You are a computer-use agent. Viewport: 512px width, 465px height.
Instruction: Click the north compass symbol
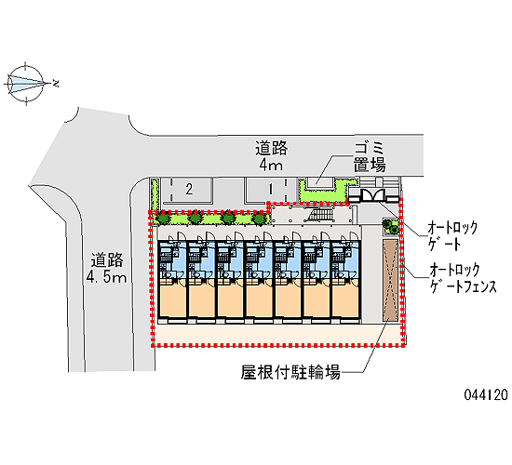tap(26, 84)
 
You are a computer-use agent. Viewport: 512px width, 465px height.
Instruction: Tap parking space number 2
tap(189, 190)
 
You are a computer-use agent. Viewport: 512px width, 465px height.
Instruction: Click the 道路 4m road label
tap(271, 156)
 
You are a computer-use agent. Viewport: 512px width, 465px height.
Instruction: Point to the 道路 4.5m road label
tap(106, 268)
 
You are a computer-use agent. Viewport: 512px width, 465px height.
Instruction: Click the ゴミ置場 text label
tap(370, 157)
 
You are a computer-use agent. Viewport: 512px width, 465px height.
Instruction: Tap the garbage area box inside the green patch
tap(319, 183)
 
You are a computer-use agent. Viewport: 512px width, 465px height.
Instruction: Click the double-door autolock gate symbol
tap(373, 195)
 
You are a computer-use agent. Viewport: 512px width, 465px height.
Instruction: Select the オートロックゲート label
tap(452, 235)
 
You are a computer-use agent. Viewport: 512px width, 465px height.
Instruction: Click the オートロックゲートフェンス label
tap(463, 278)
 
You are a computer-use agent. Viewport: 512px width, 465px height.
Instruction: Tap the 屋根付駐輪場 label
tap(291, 372)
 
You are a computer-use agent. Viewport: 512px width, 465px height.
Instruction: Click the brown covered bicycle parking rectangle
tap(391, 280)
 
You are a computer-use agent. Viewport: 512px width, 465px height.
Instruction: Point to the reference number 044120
tap(486, 395)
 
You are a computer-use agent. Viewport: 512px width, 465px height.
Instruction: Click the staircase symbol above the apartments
tap(322, 216)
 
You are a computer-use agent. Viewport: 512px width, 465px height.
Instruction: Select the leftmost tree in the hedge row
tap(163, 218)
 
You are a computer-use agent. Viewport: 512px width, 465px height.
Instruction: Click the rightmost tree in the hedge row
tap(260, 218)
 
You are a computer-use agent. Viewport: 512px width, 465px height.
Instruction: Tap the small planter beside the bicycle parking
tap(391, 226)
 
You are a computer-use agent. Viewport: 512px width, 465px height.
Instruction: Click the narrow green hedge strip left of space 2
tap(155, 194)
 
